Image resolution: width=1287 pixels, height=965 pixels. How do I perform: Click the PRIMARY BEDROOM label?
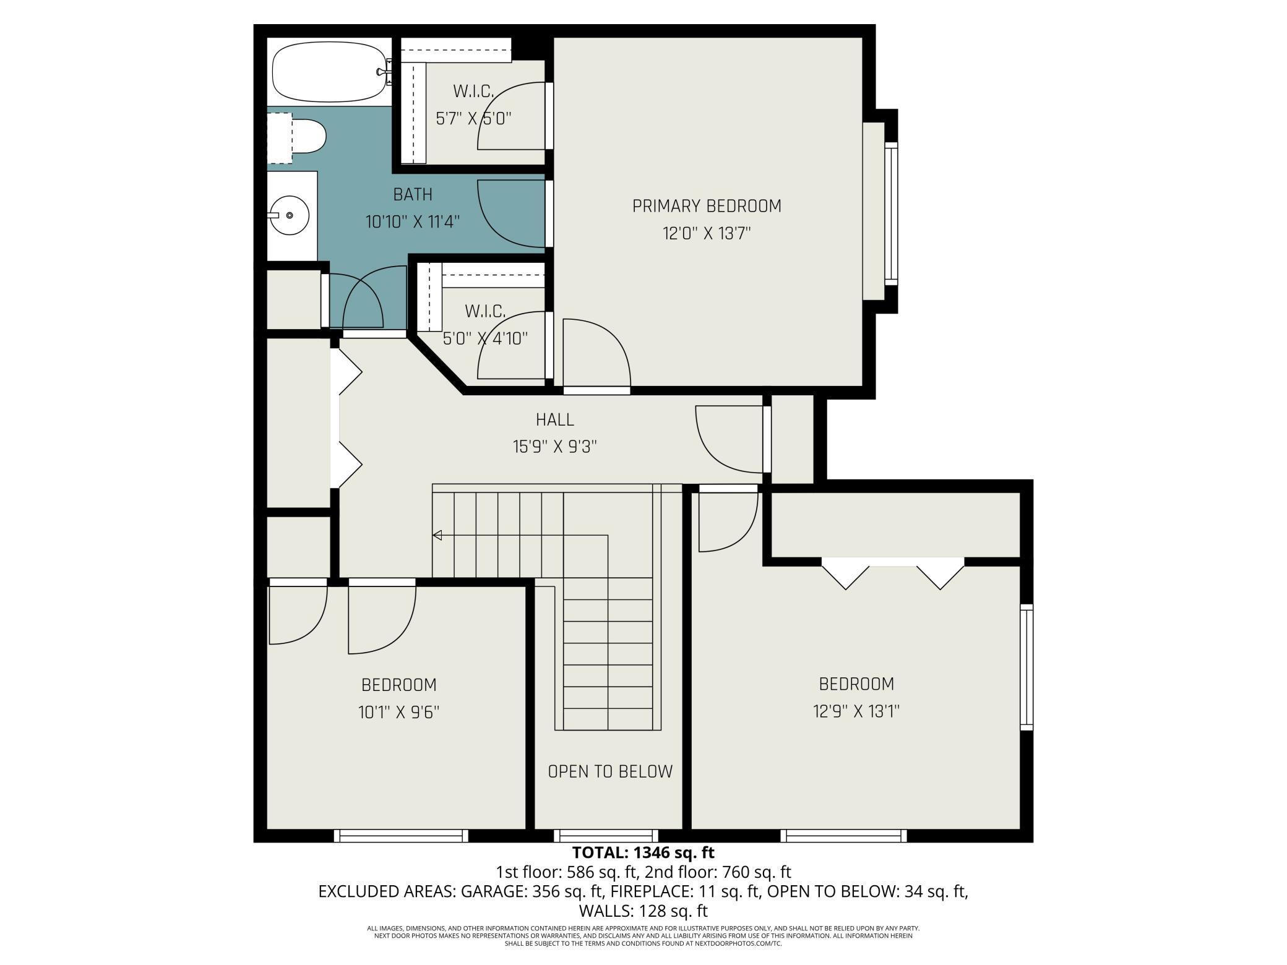click(707, 206)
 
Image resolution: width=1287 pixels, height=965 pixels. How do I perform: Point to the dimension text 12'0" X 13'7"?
click(707, 234)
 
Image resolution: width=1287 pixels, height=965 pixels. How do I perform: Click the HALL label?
click(555, 419)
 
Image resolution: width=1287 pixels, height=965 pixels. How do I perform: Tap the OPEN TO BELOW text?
click(610, 771)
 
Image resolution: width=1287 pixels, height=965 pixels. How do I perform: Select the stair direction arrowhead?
click(437, 535)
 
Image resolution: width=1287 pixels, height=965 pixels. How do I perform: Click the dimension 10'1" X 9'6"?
click(399, 713)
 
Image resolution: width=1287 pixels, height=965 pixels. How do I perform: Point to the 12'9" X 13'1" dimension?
click(856, 711)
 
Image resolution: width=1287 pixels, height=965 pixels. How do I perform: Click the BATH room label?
click(413, 195)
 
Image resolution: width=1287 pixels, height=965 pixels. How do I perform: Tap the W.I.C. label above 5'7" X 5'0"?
click(474, 92)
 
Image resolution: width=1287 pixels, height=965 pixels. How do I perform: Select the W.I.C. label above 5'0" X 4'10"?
click(486, 311)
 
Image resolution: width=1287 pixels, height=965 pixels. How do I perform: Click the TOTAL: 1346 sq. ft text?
click(643, 852)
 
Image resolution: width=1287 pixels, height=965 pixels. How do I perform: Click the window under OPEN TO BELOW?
click(606, 836)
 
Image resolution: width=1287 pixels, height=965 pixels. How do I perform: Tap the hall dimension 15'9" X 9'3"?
click(555, 447)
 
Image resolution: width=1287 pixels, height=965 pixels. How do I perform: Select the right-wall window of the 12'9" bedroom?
click(1027, 667)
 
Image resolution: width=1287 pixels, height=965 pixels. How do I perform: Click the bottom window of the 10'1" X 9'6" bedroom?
click(401, 836)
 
